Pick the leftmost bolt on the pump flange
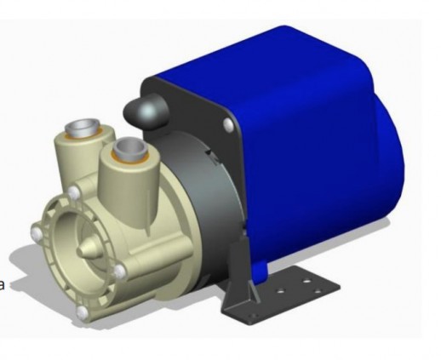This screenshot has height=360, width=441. point(34,233)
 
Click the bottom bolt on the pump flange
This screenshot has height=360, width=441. point(82,313)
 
